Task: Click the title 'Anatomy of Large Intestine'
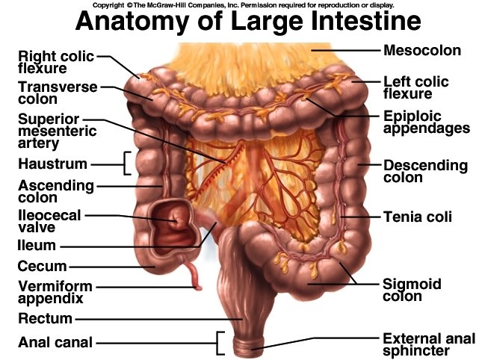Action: [x=238, y=22]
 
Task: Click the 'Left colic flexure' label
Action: [x=415, y=87]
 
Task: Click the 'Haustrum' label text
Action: [x=52, y=163]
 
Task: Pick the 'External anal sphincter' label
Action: [x=427, y=344]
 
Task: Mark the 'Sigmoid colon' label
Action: [x=412, y=290]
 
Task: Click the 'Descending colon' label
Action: [x=424, y=171]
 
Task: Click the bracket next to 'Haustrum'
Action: [x=126, y=163]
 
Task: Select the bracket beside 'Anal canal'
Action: [x=220, y=343]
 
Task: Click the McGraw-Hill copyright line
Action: [x=239, y=4]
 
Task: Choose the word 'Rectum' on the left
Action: [x=46, y=319]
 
